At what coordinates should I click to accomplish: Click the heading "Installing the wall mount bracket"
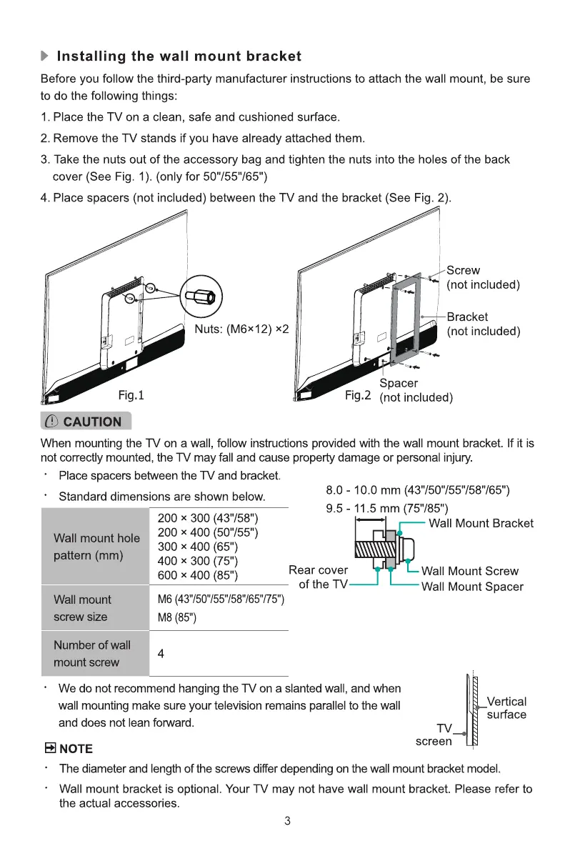pos(179,56)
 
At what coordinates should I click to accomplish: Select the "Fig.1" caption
pos(131,394)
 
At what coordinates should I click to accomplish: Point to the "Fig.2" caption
pos(357,394)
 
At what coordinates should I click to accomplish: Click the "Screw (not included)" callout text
pos(483,277)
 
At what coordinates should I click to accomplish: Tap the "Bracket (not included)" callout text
pos(483,324)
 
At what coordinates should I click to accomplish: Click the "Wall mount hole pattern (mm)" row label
pos(96,546)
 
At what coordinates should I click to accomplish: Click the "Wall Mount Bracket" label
pos(481,524)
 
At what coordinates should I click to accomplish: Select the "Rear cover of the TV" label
pos(318,577)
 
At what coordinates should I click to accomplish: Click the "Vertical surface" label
pos(506,708)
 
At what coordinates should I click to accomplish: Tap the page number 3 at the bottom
pos(287,821)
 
